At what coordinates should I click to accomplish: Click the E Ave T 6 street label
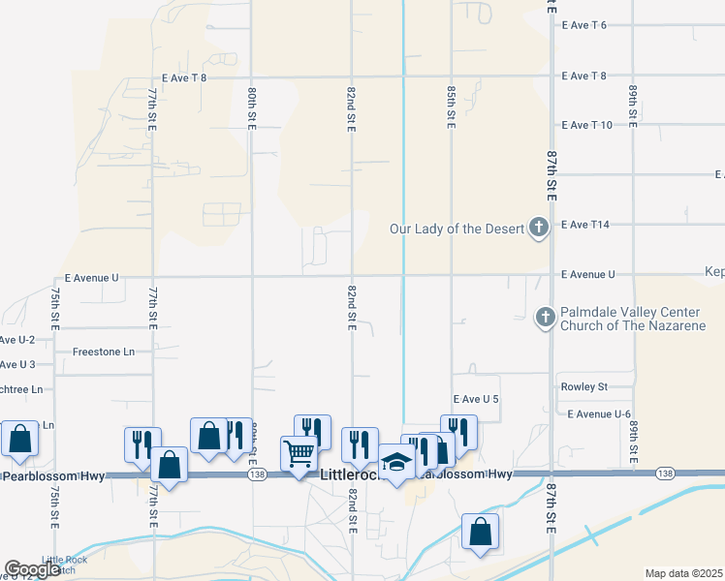pos(583,25)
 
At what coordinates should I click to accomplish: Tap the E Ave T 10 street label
pos(586,125)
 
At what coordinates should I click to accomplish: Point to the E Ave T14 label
pos(584,225)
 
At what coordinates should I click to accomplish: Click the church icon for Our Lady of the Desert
pos(539,229)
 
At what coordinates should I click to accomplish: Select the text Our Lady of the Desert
pos(456,229)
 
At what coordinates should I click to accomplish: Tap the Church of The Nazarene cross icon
pos(545,317)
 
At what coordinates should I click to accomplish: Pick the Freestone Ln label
pos(104,352)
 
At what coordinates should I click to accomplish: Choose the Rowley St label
pos(583,387)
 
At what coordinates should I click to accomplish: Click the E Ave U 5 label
pos(475,399)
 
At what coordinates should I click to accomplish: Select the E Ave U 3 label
pos(17,365)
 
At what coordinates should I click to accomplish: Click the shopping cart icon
pos(299,452)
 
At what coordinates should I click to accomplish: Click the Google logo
pos(32,569)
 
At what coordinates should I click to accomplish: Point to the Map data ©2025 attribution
pos(682,573)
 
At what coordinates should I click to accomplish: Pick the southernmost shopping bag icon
pos(481,532)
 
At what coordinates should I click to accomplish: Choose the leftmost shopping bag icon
pos(19,439)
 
